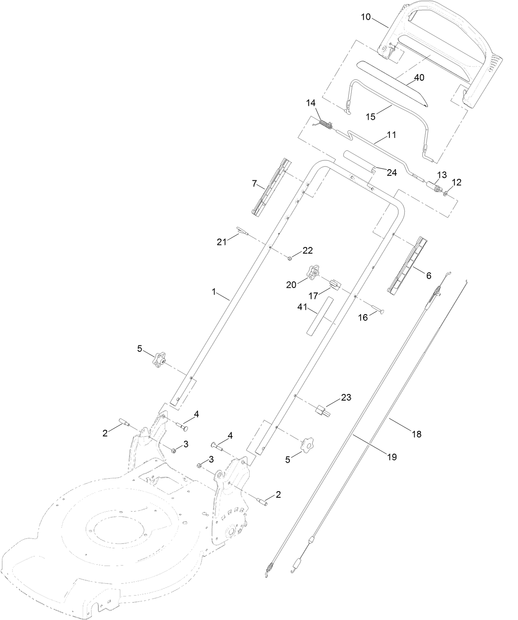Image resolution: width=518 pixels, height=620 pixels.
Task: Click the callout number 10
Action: (366, 17)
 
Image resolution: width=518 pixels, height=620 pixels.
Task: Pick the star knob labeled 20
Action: (313, 272)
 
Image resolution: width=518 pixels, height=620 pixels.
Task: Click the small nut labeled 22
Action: (289, 258)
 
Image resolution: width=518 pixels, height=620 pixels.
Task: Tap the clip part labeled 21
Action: (241, 231)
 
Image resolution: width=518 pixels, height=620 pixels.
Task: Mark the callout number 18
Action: (417, 434)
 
